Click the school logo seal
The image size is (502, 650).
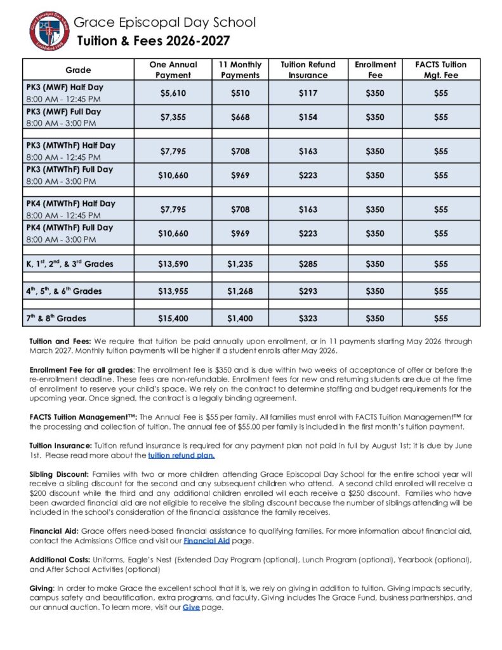[49, 31]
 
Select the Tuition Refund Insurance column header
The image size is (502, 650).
[308, 70]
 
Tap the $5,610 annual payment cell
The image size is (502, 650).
[173, 93]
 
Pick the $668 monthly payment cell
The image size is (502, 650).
[240, 117]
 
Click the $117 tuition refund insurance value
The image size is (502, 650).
[308, 93]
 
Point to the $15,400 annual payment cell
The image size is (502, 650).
[173, 318]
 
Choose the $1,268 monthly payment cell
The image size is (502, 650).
[240, 291]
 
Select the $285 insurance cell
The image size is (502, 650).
[308, 263]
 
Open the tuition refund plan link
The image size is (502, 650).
[182, 455]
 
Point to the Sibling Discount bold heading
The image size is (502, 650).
[59, 474]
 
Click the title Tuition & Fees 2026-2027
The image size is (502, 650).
[153, 42]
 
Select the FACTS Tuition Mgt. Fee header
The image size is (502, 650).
[440, 70]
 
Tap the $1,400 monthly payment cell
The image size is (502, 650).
[240, 318]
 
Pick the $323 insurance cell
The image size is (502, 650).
[308, 318]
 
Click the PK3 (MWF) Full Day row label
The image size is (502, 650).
[63, 112]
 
